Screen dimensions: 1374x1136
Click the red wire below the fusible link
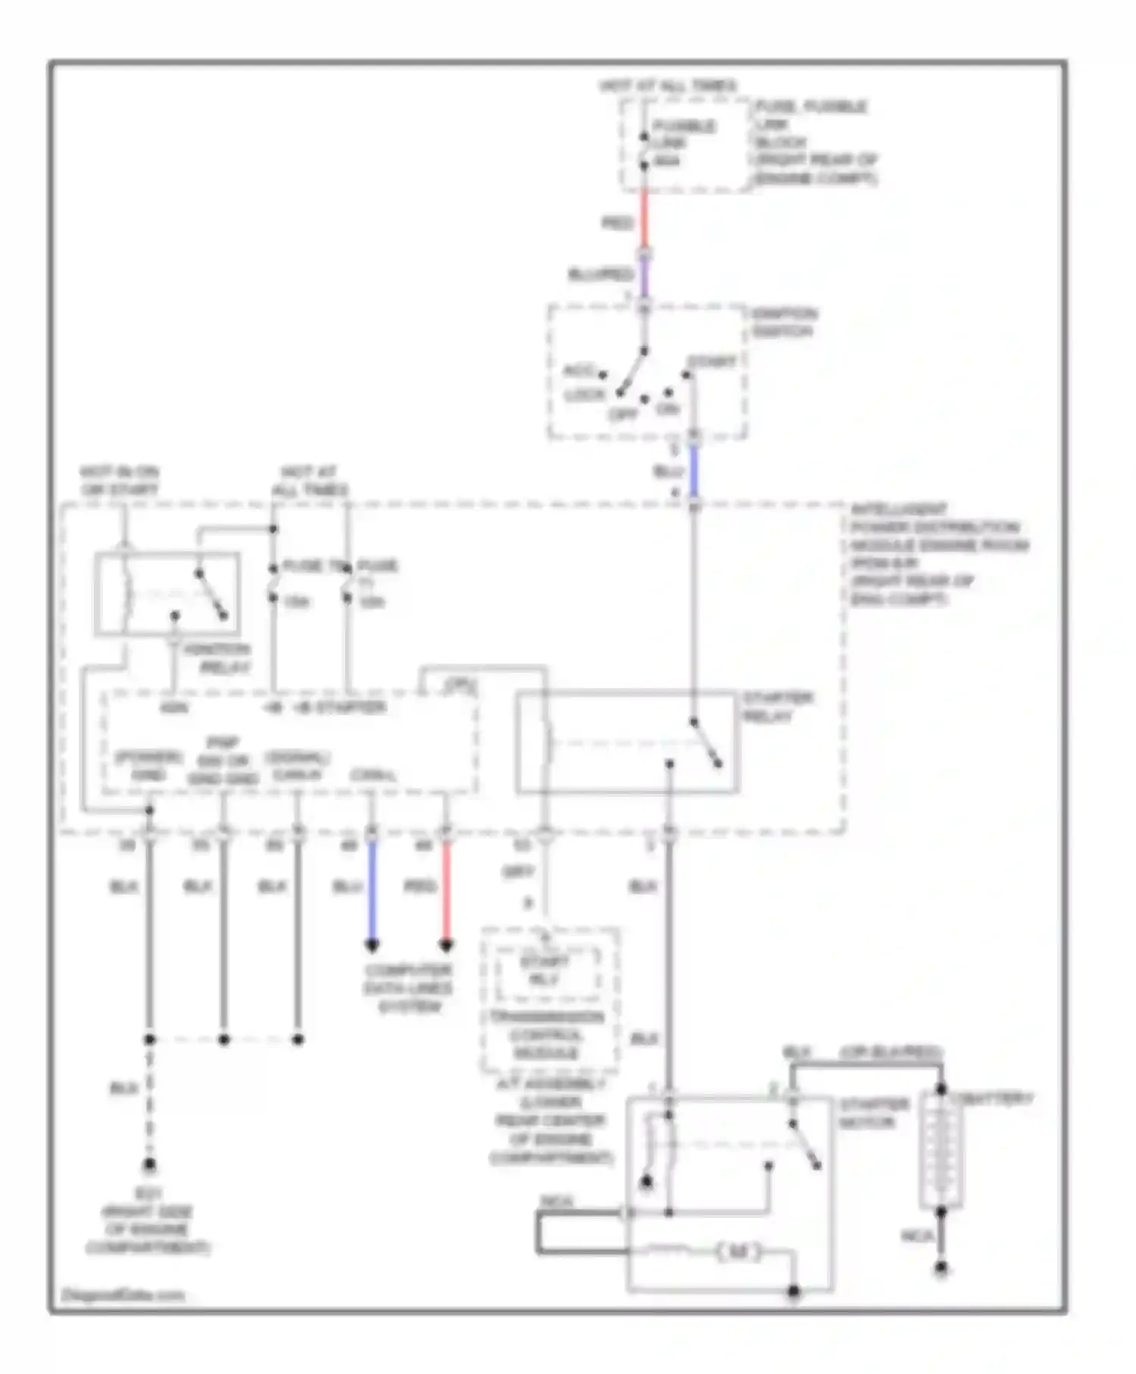tap(644, 220)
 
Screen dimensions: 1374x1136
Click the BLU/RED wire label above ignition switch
tap(600, 274)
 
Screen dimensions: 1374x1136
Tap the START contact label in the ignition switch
tap(712, 362)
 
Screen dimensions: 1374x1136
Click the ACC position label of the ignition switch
tap(580, 371)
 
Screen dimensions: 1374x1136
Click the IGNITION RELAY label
tap(223, 659)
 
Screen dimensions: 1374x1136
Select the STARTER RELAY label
tap(777, 707)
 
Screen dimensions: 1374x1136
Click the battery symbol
tap(941, 1151)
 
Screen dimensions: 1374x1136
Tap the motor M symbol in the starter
tap(738, 1252)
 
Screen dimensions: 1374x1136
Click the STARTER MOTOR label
tap(873, 1113)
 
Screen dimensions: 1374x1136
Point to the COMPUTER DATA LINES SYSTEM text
tap(408, 988)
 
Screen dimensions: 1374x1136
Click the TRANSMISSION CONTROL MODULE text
tap(545, 1035)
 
